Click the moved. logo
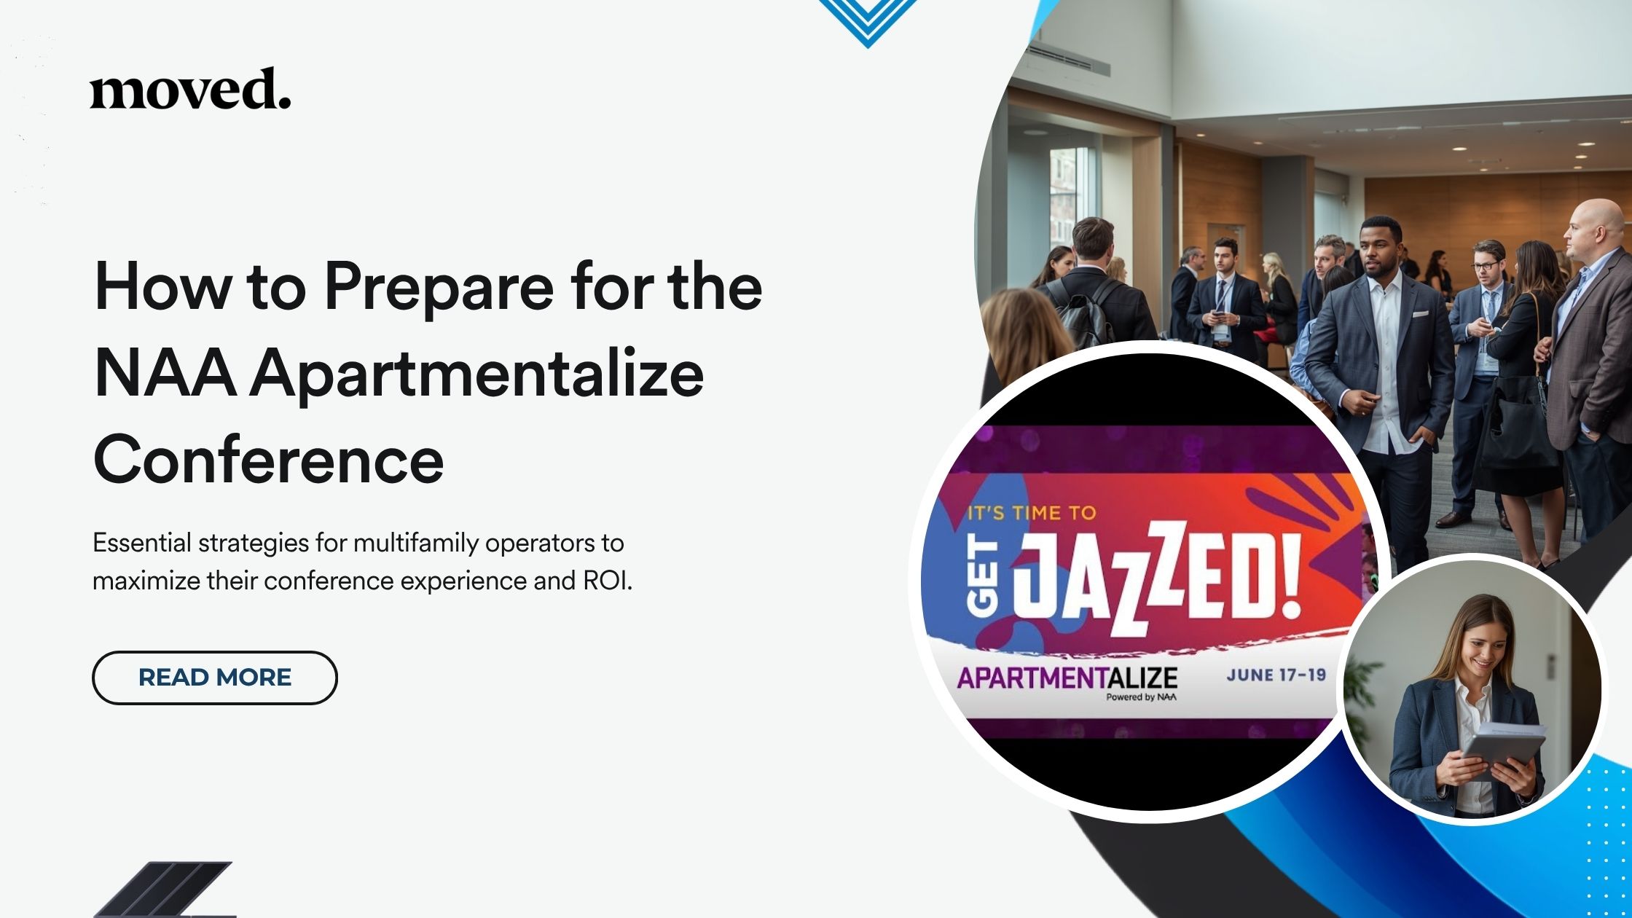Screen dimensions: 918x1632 pyautogui.click(x=190, y=90)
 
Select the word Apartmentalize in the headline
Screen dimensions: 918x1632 pyautogui.click(x=477, y=374)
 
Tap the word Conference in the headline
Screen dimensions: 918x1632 pyautogui.click(x=268, y=460)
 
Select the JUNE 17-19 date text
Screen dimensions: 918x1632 pyautogui.click(x=1276, y=675)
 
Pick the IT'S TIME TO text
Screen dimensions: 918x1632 pyautogui.click(x=1031, y=513)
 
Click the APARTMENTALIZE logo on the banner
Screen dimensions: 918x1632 pyautogui.click(x=1067, y=678)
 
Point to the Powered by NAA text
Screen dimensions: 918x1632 pyautogui.click(x=1141, y=697)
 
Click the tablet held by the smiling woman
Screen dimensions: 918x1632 pyautogui.click(x=1502, y=746)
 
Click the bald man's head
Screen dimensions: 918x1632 pyautogui.click(x=1596, y=226)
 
